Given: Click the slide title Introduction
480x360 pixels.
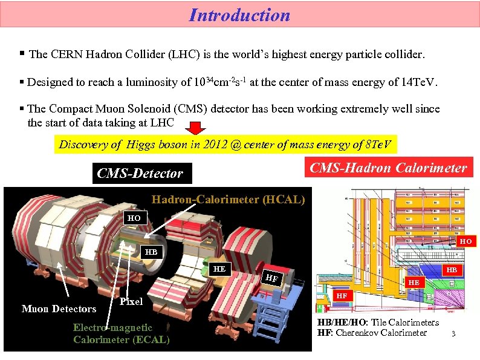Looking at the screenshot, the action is click(x=239, y=15).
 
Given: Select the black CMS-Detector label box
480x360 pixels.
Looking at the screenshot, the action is click(x=140, y=174).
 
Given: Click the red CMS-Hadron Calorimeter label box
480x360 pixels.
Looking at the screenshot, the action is click(x=388, y=168).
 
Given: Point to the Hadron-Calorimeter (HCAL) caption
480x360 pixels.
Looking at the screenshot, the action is click(x=228, y=199).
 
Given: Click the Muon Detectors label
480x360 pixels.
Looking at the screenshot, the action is click(x=59, y=309).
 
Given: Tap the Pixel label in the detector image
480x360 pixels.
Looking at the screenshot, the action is click(x=131, y=301).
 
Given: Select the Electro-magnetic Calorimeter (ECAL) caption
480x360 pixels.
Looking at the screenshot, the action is click(x=121, y=333).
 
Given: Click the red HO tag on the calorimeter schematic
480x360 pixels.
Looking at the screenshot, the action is click(x=465, y=241).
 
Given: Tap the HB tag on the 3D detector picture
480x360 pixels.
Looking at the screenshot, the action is click(x=150, y=251).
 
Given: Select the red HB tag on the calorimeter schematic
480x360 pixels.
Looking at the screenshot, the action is click(x=450, y=270).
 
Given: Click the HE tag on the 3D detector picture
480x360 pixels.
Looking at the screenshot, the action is click(x=220, y=269).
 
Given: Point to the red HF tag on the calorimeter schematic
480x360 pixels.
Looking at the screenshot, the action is click(x=342, y=296).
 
